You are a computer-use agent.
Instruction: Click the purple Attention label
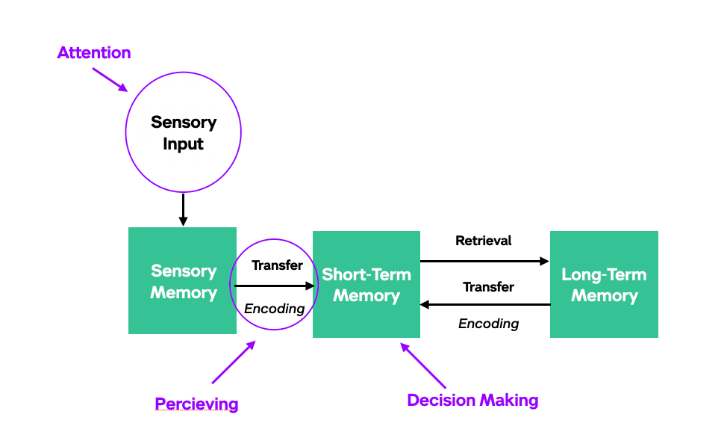tap(94, 53)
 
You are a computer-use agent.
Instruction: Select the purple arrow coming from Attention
tap(110, 80)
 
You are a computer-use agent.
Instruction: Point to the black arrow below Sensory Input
tap(183, 210)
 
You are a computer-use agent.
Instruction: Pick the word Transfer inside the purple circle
tap(277, 265)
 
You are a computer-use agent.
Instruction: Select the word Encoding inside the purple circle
tap(275, 309)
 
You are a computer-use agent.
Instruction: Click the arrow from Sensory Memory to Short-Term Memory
tap(273, 286)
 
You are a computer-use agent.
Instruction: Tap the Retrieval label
tap(484, 241)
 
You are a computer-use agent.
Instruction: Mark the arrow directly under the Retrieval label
tap(484, 262)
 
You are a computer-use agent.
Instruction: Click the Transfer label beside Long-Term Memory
tap(488, 286)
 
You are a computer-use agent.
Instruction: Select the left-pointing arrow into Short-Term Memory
tap(485, 304)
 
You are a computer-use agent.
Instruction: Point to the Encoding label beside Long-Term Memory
tap(488, 324)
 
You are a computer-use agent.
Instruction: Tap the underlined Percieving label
tap(196, 404)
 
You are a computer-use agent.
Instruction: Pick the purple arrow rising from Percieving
tap(233, 363)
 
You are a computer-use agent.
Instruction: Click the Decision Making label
tap(472, 401)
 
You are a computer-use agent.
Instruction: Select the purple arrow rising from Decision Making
tap(423, 366)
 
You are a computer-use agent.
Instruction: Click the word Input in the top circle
tap(183, 144)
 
